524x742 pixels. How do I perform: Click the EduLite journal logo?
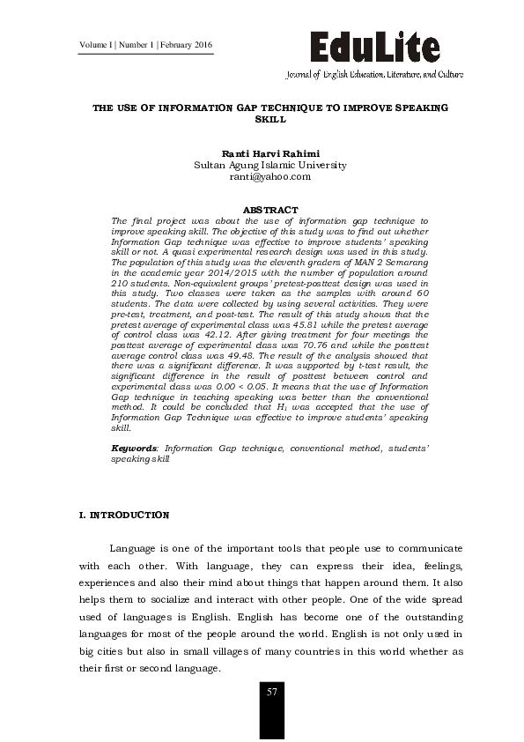point(373,46)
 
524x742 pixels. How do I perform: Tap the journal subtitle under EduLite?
point(373,75)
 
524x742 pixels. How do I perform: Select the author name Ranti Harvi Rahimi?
point(270,152)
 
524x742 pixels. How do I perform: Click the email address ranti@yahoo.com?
point(270,176)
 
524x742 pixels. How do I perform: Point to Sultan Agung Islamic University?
point(270,165)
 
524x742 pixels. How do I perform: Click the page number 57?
point(272,692)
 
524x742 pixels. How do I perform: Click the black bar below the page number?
point(272,722)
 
